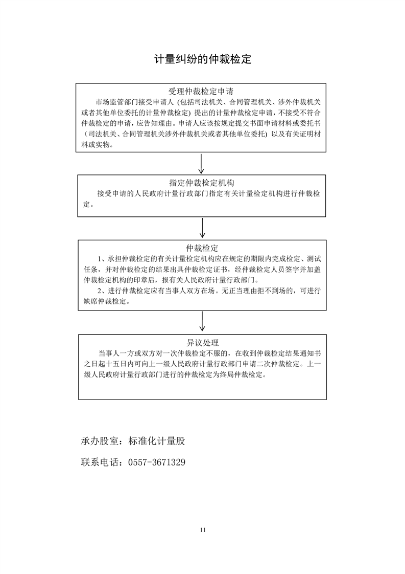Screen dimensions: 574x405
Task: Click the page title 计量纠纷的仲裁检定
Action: coord(203,59)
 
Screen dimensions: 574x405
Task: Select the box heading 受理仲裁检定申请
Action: coord(202,92)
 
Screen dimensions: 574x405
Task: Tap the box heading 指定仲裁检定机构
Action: coord(202,183)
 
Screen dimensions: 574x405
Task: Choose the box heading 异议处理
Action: coord(202,342)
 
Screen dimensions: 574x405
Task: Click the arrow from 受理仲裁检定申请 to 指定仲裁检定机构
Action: coord(202,164)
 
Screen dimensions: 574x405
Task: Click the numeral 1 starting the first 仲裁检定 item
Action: coord(99,258)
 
